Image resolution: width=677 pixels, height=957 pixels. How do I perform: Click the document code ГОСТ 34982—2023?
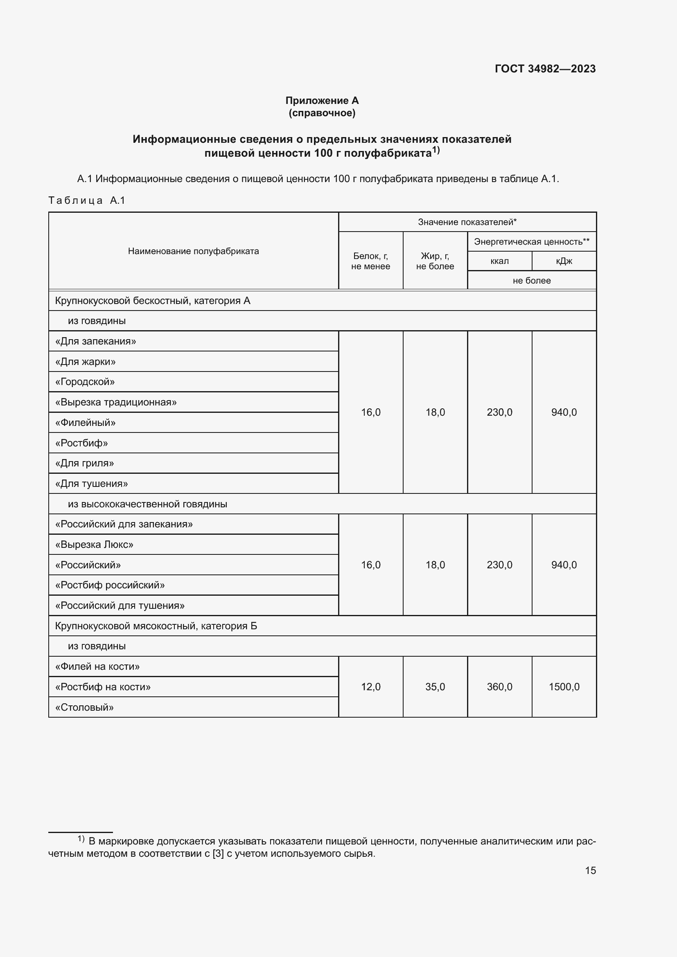(x=545, y=69)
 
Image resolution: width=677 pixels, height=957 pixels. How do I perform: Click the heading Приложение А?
(x=322, y=101)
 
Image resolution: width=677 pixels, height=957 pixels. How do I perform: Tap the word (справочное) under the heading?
(x=322, y=113)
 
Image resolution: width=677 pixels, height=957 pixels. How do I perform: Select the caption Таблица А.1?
(x=87, y=200)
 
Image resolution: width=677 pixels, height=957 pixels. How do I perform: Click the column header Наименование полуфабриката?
(x=194, y=251)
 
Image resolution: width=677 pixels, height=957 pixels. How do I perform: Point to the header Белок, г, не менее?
(x=370, y=261)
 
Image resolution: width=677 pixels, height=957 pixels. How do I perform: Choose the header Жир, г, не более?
(x=435, y=261)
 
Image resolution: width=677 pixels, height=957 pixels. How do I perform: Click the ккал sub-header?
(x=499, y=261)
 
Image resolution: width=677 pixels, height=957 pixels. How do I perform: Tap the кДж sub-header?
(x=564, y=261)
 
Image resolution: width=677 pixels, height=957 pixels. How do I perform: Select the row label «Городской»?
(x=85, y=382)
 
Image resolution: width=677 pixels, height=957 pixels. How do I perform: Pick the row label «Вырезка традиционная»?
(x=116, y=402)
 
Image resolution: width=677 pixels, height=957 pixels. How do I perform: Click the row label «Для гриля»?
(x=85, y=463)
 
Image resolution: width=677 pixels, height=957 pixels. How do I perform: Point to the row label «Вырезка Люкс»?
(x=94, y=544)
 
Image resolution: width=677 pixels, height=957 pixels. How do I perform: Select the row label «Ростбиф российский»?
(x=110, y=585)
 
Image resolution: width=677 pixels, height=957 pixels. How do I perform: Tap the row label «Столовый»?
(x=85, y=707)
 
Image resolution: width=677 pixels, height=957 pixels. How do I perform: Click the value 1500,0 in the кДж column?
(x=564, y=687)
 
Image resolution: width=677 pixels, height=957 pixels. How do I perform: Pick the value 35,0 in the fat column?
(x=435, y=687)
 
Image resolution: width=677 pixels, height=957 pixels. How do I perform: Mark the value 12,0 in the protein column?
(x=370, y=687)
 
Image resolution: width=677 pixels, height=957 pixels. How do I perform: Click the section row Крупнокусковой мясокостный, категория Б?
(x=156, y=626)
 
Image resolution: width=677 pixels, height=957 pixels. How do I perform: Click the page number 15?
(x=590, y=870)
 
